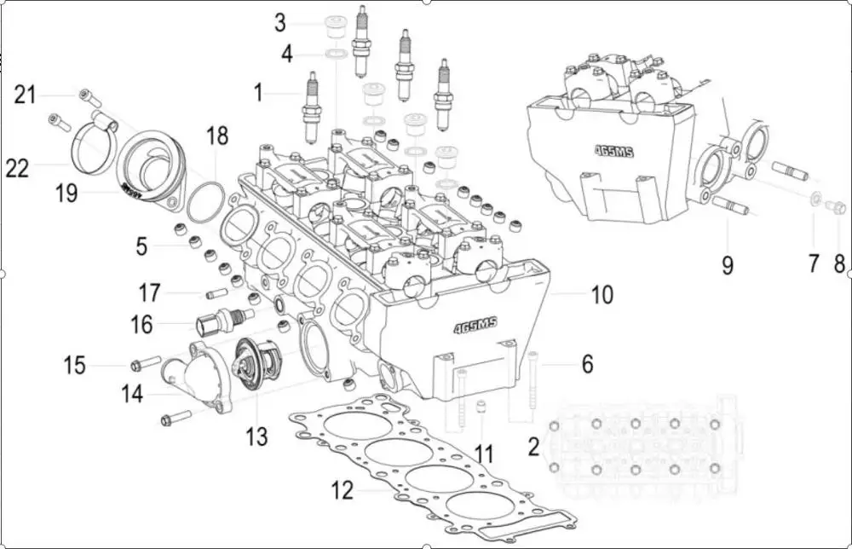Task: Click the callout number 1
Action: tap(259, 92)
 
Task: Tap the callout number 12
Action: tap(342, 491)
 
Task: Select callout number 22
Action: tap(17, 169)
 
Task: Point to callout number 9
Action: tap(727, 264)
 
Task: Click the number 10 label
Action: tap(602, 295)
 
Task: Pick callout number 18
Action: tap(217, 136)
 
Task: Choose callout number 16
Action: tap(141, 324)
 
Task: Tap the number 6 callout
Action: tap(587, 364)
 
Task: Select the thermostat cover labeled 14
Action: tap(199, 375)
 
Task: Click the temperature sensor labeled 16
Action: tap(223, 322)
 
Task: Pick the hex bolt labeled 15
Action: tap(146, 364)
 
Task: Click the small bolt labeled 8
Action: tap(838, 206)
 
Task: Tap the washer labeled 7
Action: tap(815, 200)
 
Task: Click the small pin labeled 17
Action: tap(215, 294)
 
